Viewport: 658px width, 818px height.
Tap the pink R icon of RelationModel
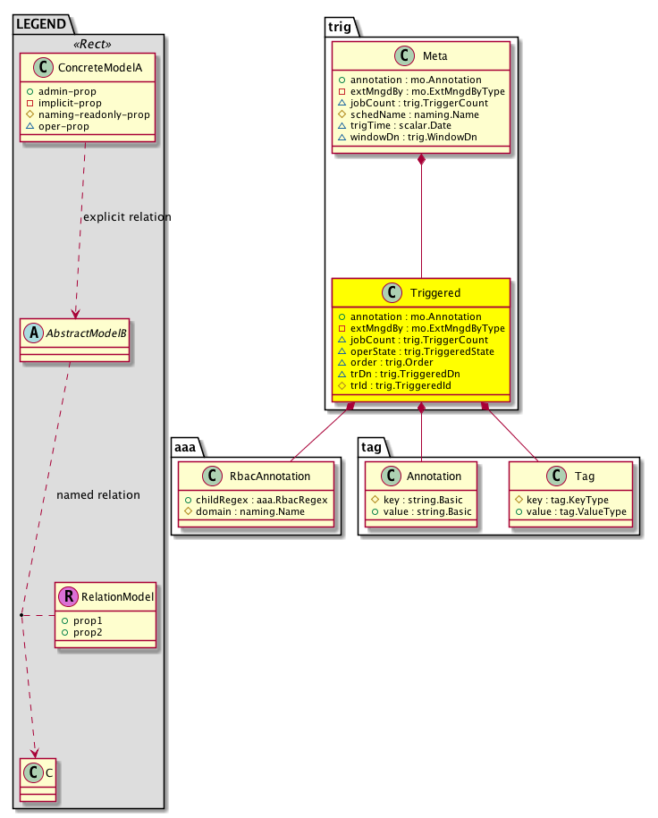pos(66,596)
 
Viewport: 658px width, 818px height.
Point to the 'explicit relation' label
pos(126,217)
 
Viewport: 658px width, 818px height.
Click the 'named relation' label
pos(97,494)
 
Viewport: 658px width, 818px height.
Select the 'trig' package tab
pos(340,26)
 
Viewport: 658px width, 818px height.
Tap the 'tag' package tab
pos(373,445)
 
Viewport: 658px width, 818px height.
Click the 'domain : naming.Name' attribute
pos(244,511)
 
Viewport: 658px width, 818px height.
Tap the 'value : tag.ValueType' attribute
pos(570,511)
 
